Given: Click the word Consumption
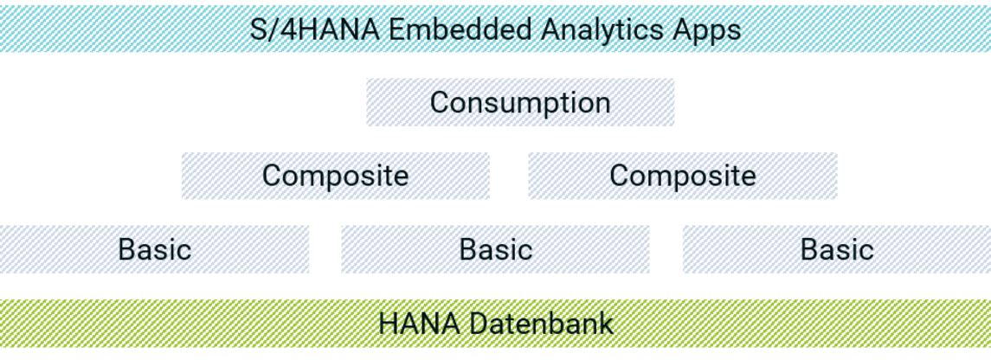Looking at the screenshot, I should (x=520, y=102).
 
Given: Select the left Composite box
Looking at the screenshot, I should (x=335, y=176).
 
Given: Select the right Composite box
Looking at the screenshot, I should (x=682, y=176).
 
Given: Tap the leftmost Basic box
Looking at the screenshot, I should (x=154, y=250).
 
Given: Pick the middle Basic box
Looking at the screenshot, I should (x=495, y=250).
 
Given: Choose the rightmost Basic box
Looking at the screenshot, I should (x=836, y=250).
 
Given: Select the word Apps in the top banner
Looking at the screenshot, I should (x=709, y=29).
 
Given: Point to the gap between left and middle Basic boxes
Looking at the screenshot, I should (x=325, y=250).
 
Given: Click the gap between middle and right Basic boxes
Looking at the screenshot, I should (x=666, y=250).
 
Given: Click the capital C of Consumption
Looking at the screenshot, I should (x=441, y=102).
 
